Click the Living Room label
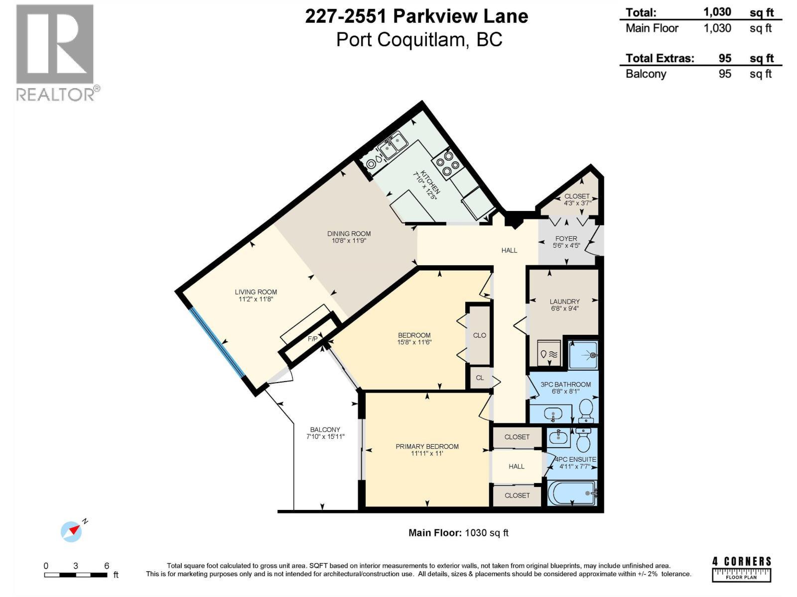tap(256, 292)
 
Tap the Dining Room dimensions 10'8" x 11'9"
tap(349, 241)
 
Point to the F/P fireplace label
tap(312, 339)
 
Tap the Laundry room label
tap(564, 301)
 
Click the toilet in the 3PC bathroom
tap(586, 409)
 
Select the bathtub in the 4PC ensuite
tap(572, 494)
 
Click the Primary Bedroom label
tap(427, 446)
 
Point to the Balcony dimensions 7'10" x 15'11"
tap(325, 437)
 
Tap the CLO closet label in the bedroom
tap(479, 335)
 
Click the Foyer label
tap(566, 239)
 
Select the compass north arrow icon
tap(72, 531)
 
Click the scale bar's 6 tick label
tap(107, 566)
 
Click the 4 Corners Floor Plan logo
tap(742, 569)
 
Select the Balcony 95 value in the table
tap(725, 74)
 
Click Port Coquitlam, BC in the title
tap(419, 39)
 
